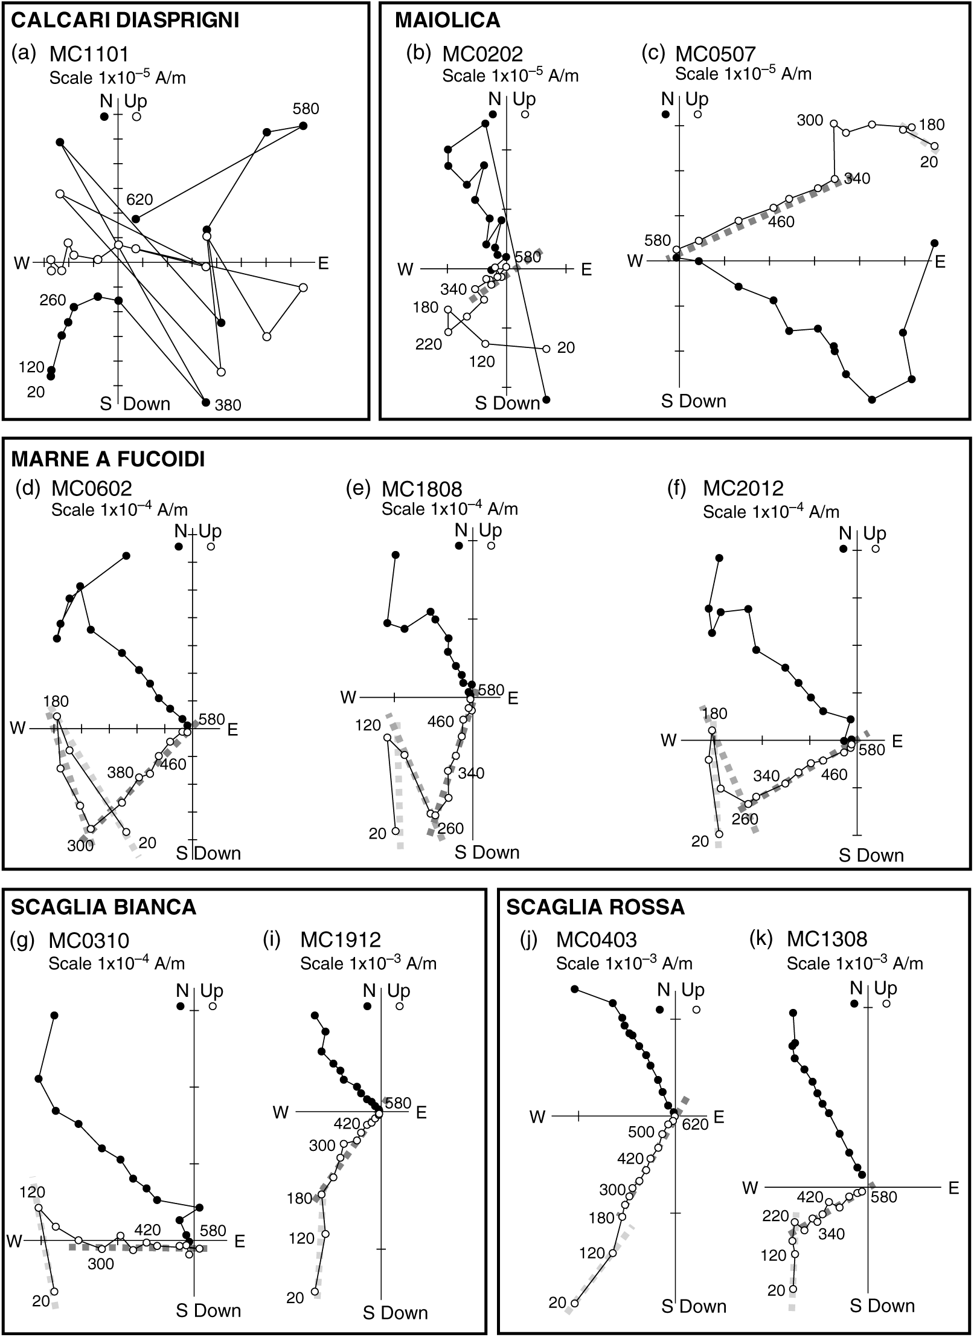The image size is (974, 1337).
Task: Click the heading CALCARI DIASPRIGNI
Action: coord(125,21)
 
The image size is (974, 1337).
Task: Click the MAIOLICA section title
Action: coord(447,21)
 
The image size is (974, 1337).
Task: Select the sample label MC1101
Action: coord(89,55)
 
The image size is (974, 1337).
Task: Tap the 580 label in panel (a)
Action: coord(306,109)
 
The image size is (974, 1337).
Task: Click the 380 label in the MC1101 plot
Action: coord(228,405)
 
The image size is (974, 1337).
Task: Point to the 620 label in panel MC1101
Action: coord(139,200)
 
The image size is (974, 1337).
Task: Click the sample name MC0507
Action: coord(715,54)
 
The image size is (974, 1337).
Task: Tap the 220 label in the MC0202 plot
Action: coord(428,344)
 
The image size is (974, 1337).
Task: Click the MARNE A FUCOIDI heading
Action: coord(108,459)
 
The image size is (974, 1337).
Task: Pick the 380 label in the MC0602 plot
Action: coord(120,773)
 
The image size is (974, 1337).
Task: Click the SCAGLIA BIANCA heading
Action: coord(103,907)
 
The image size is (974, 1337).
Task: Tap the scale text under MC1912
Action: coord(368,963)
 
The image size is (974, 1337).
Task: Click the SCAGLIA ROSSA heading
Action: coord(595,907)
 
